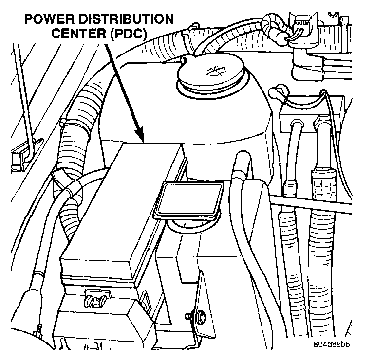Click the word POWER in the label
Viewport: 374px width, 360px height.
(45, 20)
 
